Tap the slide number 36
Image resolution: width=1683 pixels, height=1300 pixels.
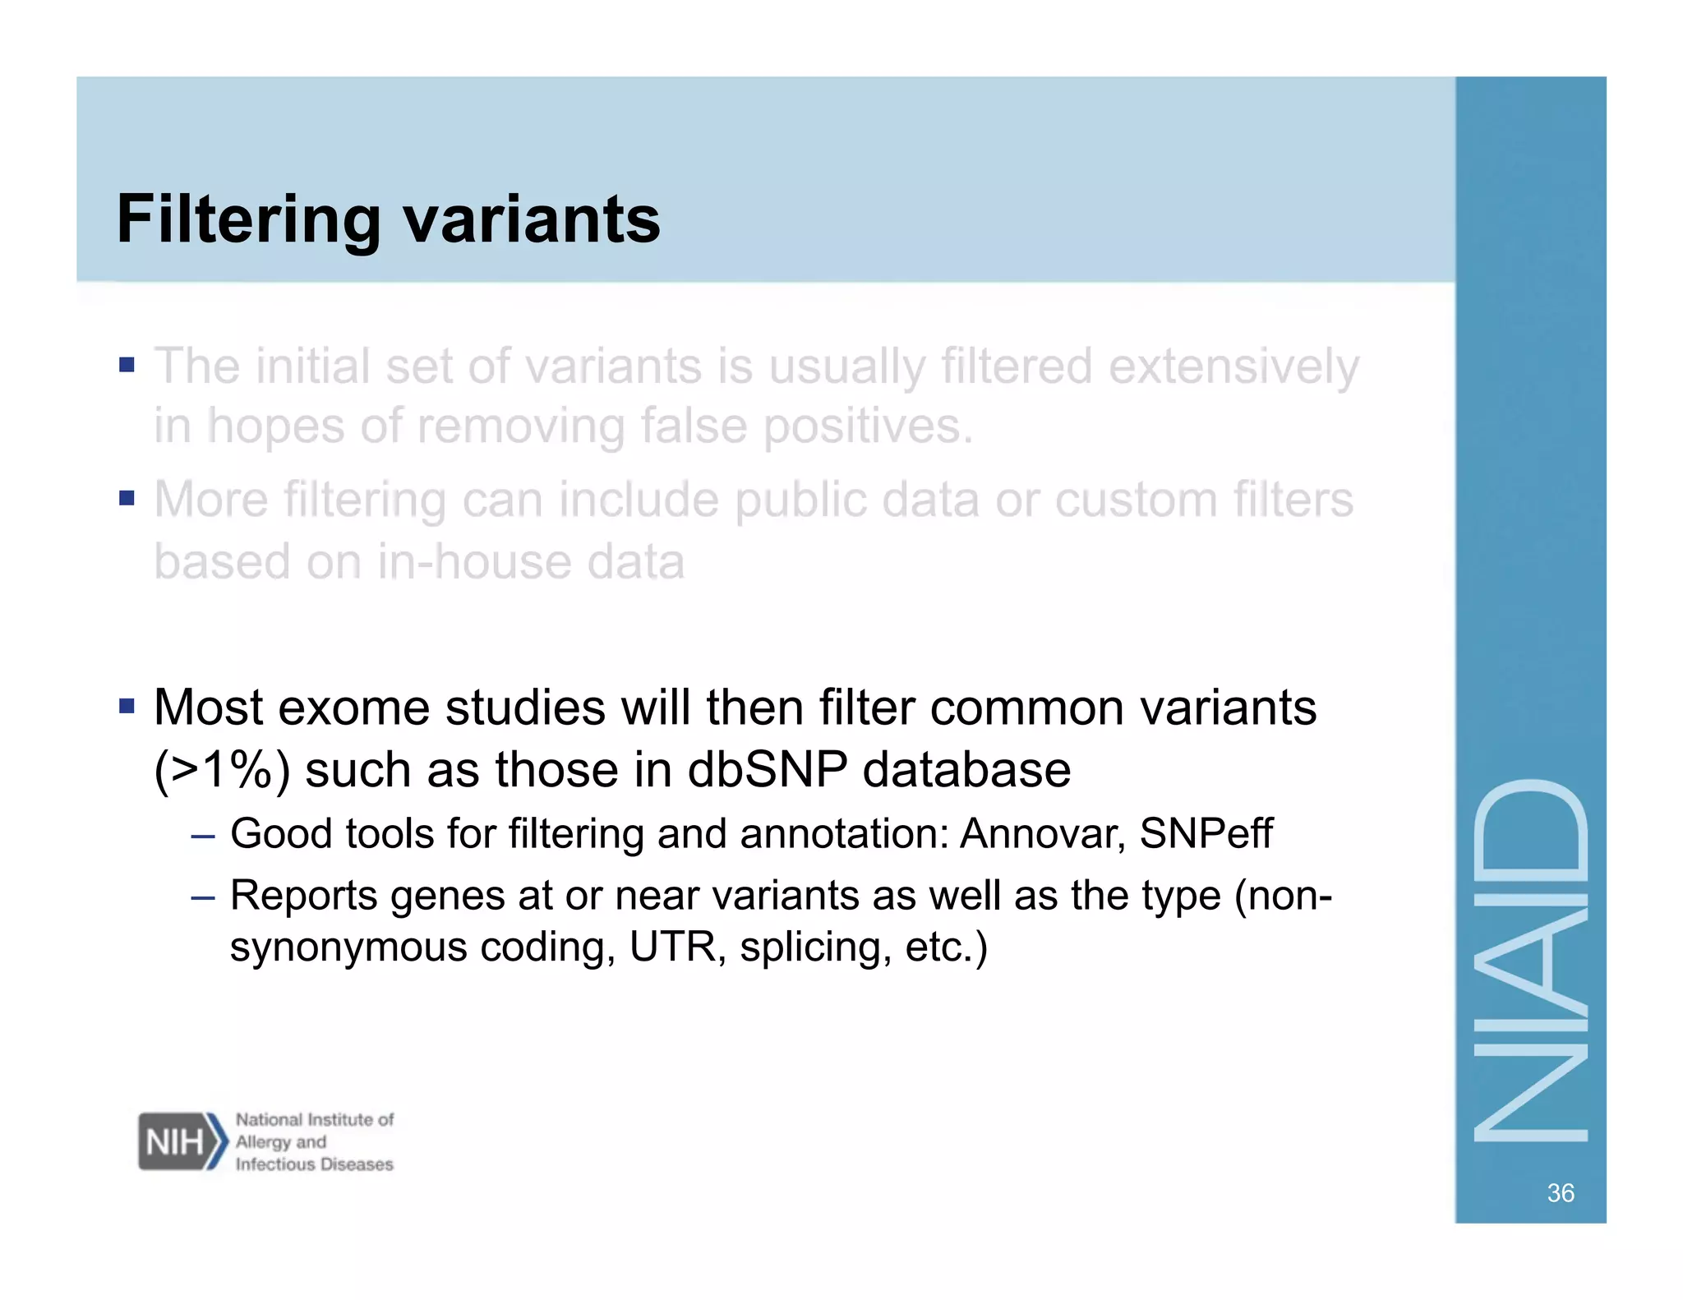pos(1560,1192)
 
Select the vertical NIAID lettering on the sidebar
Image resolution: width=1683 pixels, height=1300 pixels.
pos(1530,960)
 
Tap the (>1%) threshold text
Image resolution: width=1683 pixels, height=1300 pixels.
pos(222,771)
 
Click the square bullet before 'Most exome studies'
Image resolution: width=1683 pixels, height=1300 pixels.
pos(126,706)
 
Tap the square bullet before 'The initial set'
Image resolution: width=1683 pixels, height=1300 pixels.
pos(126,364)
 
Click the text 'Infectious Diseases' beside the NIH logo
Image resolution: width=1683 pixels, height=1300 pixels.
pos(314,1164)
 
